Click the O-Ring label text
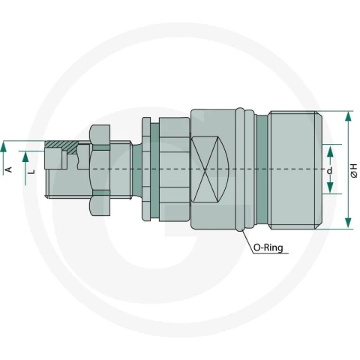[x=268, y=247]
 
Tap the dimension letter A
[x=8, y=169]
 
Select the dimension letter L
[x=31, y=172]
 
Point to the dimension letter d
[x=330, y=171]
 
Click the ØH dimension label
[x=354, y=171]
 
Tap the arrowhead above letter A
[x=3, y=147]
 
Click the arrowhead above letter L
[x=25, y=157]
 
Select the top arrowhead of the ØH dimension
[x=348, y=116]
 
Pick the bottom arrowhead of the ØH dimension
[x=348, y=223]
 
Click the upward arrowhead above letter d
[x=330, y=151]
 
